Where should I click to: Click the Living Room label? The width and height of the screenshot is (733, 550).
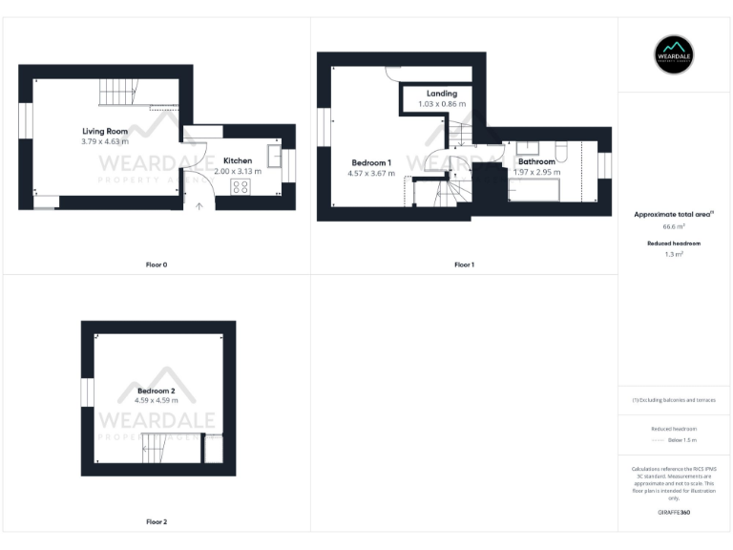[x=105, y=131]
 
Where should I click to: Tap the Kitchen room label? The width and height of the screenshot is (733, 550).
[x=238, y=160]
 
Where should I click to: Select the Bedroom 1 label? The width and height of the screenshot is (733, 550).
[x=371, y=162]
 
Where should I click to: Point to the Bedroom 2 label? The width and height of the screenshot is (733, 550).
[x=156, y=391]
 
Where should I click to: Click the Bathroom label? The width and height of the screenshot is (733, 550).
[x=536, y=162]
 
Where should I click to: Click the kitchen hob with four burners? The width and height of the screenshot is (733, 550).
[x=240, y=186]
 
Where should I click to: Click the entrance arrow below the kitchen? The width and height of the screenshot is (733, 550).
[x=199, y=204]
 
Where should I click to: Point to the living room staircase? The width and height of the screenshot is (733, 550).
[x=118, y=93]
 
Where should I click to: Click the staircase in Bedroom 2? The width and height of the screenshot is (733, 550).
[x=158, y=448]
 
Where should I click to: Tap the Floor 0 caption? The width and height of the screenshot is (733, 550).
[x=157, y=264]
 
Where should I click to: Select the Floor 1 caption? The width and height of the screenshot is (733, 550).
[x=464, y=264]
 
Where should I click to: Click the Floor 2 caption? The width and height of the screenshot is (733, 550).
[x=157, y=522]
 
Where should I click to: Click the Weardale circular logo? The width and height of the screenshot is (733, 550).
[x=674, y=54]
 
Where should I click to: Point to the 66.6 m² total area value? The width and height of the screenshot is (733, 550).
[x=674, y=227]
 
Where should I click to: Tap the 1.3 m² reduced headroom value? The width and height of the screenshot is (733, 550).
[x=674, y=255]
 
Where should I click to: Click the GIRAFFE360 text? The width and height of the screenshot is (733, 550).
[x=674, y=513]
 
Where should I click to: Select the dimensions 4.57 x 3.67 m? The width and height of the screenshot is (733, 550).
[x=371, y=173]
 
